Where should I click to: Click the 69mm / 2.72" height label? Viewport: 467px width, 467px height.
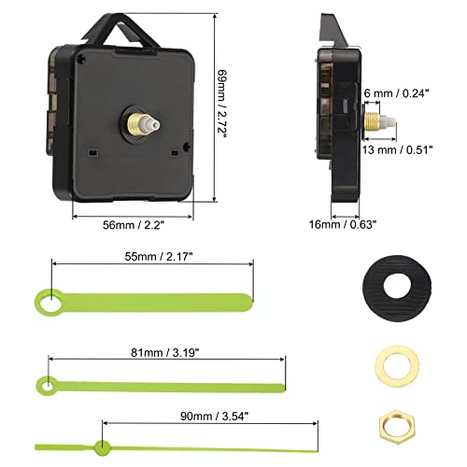point(222,105)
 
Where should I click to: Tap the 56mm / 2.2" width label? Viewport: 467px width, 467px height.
point(134,225)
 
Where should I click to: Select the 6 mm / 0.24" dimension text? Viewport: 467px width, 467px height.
point(396,93)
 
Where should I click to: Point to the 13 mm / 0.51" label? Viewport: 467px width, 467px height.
point(397,149)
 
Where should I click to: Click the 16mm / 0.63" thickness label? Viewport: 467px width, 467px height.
point(343,224)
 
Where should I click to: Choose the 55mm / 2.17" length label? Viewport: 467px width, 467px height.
point(159,257)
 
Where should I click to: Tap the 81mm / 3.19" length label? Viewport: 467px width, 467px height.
point(164,353)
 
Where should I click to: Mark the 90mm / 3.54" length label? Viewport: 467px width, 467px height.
point(215,416)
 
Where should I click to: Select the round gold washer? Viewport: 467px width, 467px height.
point(381,366)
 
